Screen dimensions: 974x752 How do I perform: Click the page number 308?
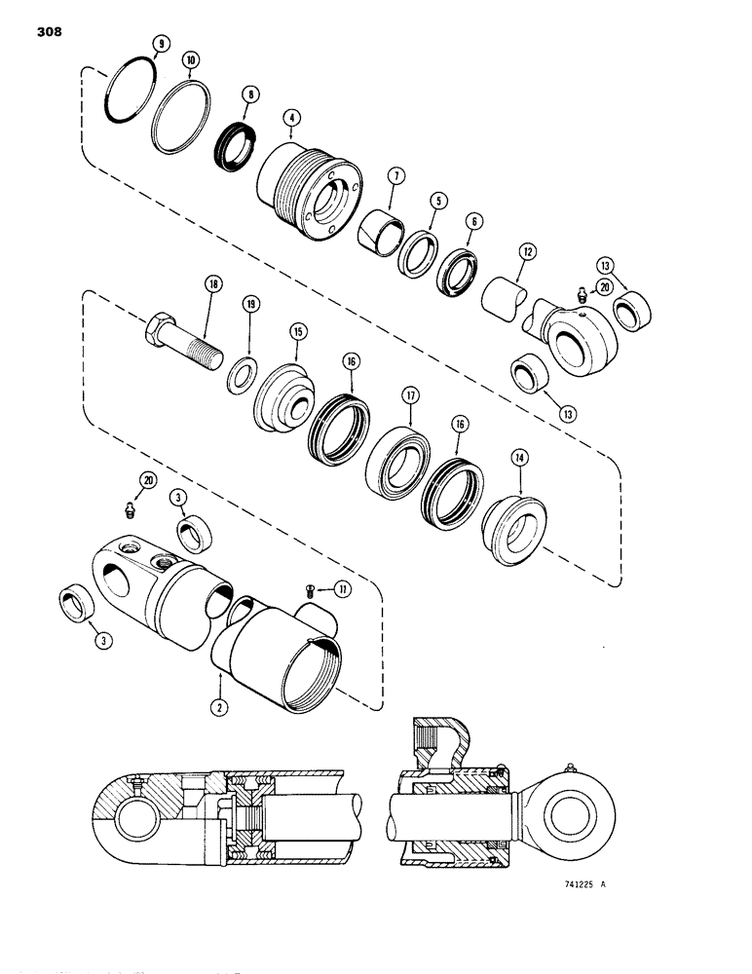point(48,31)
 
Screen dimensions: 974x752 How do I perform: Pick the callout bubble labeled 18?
point(212,285)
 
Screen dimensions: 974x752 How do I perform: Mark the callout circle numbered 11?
point(342,589)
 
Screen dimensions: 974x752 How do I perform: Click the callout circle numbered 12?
point(527,251)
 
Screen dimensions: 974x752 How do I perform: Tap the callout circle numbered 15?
point(296,332)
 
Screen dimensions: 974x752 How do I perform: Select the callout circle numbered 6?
point(473,222)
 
